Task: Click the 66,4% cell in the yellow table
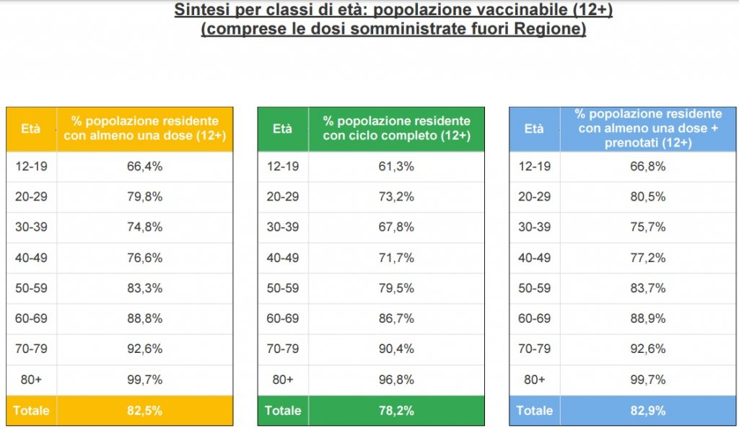(144, 167)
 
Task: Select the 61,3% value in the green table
(396, 167)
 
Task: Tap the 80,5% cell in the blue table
(648, 197)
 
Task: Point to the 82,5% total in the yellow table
(144, 411)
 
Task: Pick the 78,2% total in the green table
(396, 411)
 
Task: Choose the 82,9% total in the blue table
(648, 411)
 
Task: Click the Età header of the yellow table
(30, 129)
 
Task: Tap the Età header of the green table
(282, 129)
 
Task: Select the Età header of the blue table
(534, 129)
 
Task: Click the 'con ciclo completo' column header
(396, 129)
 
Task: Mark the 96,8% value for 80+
(396, 380)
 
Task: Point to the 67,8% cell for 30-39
(396, 227)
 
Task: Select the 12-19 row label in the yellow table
(30, 167)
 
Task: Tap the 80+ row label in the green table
(282, 380)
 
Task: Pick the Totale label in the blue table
(534, 411)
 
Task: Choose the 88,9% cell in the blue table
(648, 319)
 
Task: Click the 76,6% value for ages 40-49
(144, 258)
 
